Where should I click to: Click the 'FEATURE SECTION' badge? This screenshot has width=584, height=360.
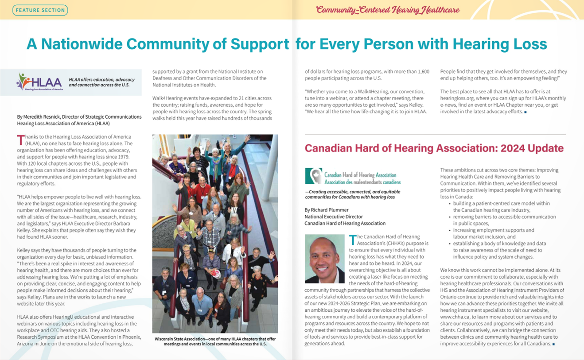click(40, 10)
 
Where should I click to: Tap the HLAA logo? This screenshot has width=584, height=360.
click(39, 82)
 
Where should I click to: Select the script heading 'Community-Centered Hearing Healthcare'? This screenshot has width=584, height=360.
click(388, 10)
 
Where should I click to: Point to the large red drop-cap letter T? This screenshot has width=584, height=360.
click(20, 140)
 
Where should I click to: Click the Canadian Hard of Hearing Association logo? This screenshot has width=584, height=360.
click(353, 176)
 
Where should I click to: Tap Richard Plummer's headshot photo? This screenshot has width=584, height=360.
click(324, 259)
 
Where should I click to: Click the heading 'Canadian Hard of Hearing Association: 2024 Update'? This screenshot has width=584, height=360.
click(434, 148)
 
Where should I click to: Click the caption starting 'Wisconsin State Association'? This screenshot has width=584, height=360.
click(215, 342)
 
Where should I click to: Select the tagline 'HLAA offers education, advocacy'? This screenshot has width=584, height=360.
click(101, 80)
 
